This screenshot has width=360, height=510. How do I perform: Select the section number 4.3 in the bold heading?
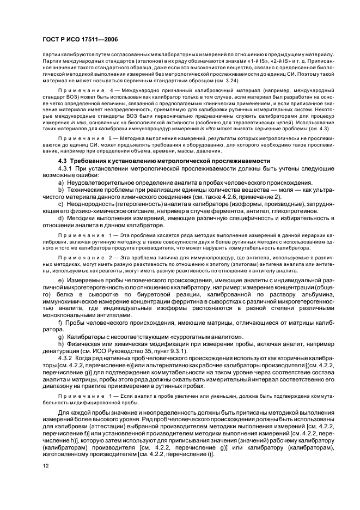pos(63,161)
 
